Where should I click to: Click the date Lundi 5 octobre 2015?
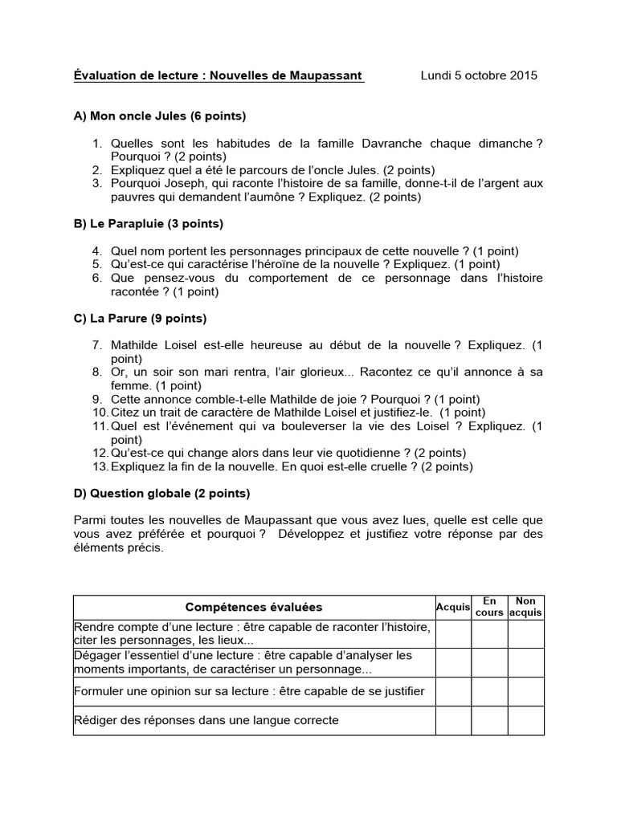point(479,75)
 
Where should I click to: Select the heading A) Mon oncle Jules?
point(159,116)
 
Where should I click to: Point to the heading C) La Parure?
point(140,318)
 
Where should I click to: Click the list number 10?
point(100,412)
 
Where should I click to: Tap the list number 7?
point(96,344)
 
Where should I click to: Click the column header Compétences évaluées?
point(254,608)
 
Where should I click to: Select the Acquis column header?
point(453,608)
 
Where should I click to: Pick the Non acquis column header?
point(525,607)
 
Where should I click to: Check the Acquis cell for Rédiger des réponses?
point(453,720)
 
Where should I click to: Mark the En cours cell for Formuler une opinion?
point(489,691)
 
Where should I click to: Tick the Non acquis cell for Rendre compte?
point(525,633)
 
